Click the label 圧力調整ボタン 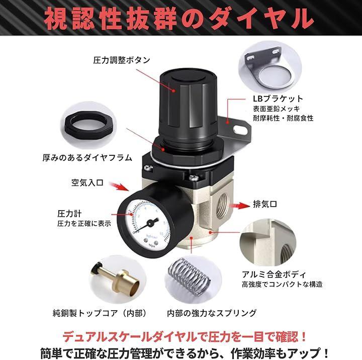click(122, 60)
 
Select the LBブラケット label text click(278, 99)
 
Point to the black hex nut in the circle click(89, 125)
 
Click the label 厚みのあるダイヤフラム click(87, 158)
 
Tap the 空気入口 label click(87, 183)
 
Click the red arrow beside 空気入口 click(119, 187)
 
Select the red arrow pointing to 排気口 click(238, 205)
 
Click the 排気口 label click(265, 204)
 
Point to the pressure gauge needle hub click(150, 223)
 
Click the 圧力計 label click(69, 214)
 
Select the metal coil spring click(190, 277)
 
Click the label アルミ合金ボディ click(274, 275)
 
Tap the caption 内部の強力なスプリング click(212, 313)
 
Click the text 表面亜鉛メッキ click(276, 109)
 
